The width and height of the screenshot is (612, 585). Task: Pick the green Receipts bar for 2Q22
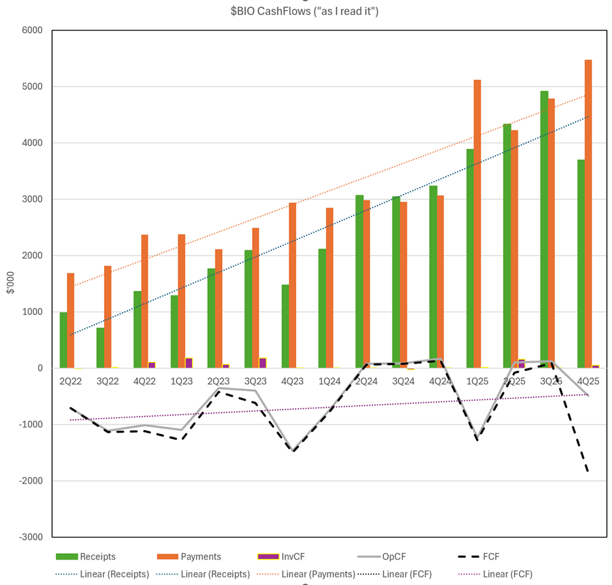63,340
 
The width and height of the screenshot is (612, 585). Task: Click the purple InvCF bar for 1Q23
189,363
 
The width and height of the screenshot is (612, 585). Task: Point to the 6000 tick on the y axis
31,31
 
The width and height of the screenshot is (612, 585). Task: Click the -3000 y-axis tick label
29,537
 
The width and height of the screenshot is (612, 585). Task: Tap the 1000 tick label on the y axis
31,312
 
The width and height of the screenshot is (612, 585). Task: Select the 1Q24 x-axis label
329,381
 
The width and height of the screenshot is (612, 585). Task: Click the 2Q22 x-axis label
70,381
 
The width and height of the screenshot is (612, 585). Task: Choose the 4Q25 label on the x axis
588,381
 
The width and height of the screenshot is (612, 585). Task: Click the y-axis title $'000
9,284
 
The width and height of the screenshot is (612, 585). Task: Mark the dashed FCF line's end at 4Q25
589,471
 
